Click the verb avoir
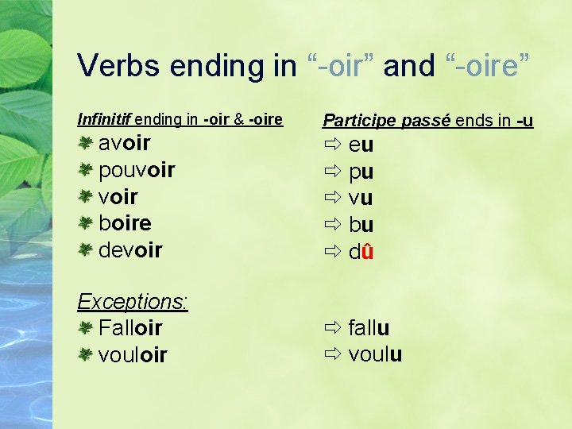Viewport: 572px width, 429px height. click(x=124, y=143)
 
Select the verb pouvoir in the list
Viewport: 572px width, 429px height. click(x=137, y=170)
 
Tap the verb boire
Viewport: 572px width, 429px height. click(x=125, y=223)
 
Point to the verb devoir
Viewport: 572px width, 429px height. click(x=130, y=249)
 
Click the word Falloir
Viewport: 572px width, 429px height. click(x=130, y=327)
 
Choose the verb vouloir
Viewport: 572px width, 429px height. click(x=133, y=354)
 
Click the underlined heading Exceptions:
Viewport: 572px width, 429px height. click(x=133, y=301)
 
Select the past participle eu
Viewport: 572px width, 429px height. click(x=361, y=145)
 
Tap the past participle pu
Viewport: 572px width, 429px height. click(x=361, y=172)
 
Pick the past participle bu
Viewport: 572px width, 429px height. click(x=361, y=225)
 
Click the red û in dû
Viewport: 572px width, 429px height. click(x=368, y=251)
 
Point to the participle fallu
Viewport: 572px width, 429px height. click(x=369, y=327)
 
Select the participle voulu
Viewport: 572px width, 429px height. click(x=375, y=354)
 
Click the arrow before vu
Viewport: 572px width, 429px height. click(x=332, y=197)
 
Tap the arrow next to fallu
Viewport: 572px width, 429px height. click(x=332, y=327)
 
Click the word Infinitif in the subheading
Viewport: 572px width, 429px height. click(x=104, y=120)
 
